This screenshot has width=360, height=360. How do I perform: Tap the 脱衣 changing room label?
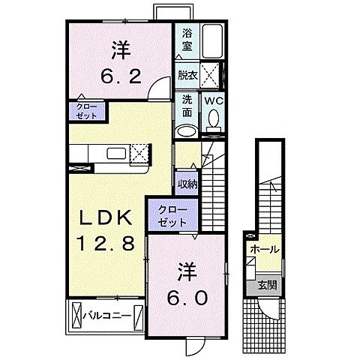coord(186,75)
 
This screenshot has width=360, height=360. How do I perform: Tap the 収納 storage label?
coord(187,183)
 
